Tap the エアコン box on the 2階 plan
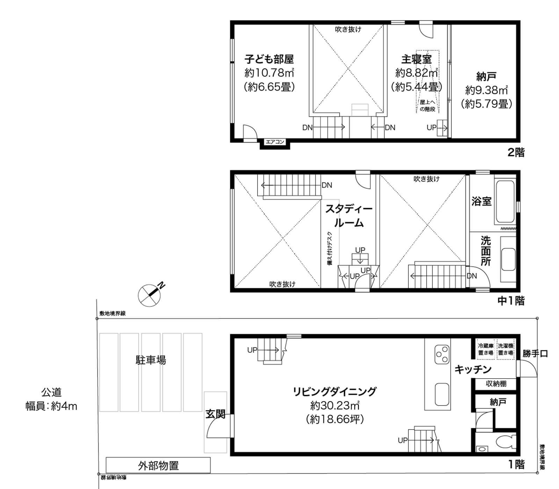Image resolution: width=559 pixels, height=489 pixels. click(275, 142)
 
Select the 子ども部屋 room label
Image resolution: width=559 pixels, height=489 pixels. click(269, 59)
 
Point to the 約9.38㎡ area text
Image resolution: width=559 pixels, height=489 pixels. click(486, 90)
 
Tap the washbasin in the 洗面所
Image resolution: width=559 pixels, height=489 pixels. click(508, 260)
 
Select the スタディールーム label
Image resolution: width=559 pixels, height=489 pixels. click(349, 216)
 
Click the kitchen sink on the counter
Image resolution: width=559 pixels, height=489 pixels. click(442, 394)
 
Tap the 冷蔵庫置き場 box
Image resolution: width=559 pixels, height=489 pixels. click(486, 349)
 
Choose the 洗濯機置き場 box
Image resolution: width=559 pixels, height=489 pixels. click(506, 349)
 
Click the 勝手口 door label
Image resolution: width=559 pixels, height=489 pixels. click(535, 354)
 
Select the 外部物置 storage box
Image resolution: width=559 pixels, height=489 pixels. click(158, 466)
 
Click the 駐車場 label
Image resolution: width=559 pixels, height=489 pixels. click(151, 360)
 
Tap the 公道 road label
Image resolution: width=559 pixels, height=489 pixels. click(51, 393)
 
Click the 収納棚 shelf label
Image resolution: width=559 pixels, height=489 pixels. click(496, 384)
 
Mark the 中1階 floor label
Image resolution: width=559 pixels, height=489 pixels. click(511, 301)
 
